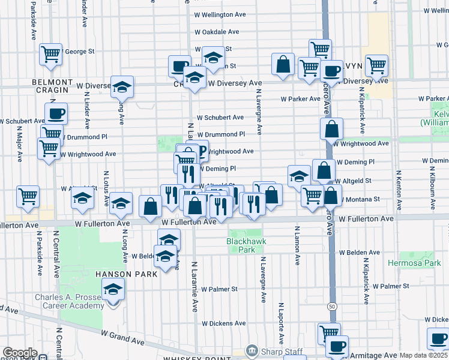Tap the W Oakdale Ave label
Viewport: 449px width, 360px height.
(217, 32)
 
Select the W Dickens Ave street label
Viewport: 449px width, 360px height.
(224, 323)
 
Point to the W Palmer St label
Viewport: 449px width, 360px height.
(219, 289)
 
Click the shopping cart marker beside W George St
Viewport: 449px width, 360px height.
(51, 53)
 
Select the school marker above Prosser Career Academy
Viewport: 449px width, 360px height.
(113, 289)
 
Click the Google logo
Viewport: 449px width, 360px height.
(19, 353)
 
